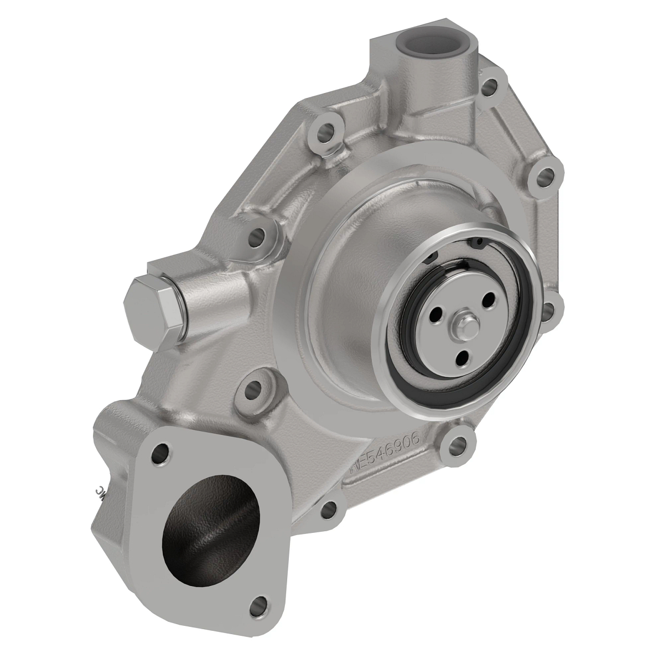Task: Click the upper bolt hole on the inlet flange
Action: coord(160,453)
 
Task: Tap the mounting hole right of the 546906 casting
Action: coord(456,442)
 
